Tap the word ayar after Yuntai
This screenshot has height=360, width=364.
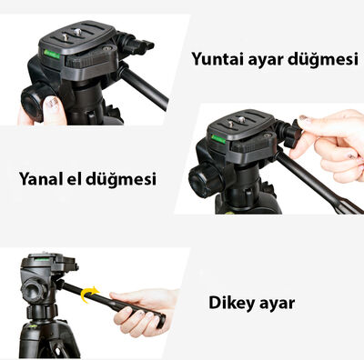(270, 61)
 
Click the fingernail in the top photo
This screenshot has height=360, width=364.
(53, 114)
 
